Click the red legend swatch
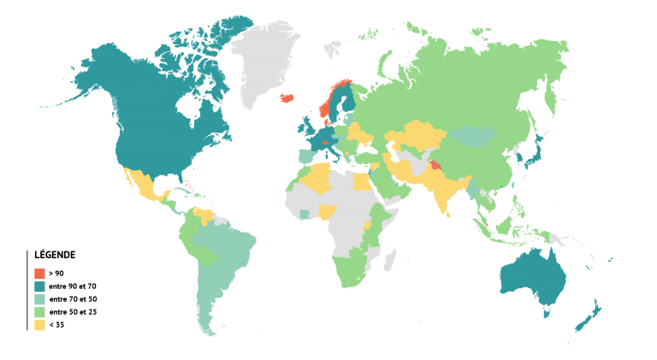click(39, 274)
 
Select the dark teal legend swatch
click(39, 286)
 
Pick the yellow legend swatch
click(39, 325)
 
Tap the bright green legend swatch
click(39, 312)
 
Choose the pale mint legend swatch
click(39, 299)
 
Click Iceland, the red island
click(287, 97)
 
